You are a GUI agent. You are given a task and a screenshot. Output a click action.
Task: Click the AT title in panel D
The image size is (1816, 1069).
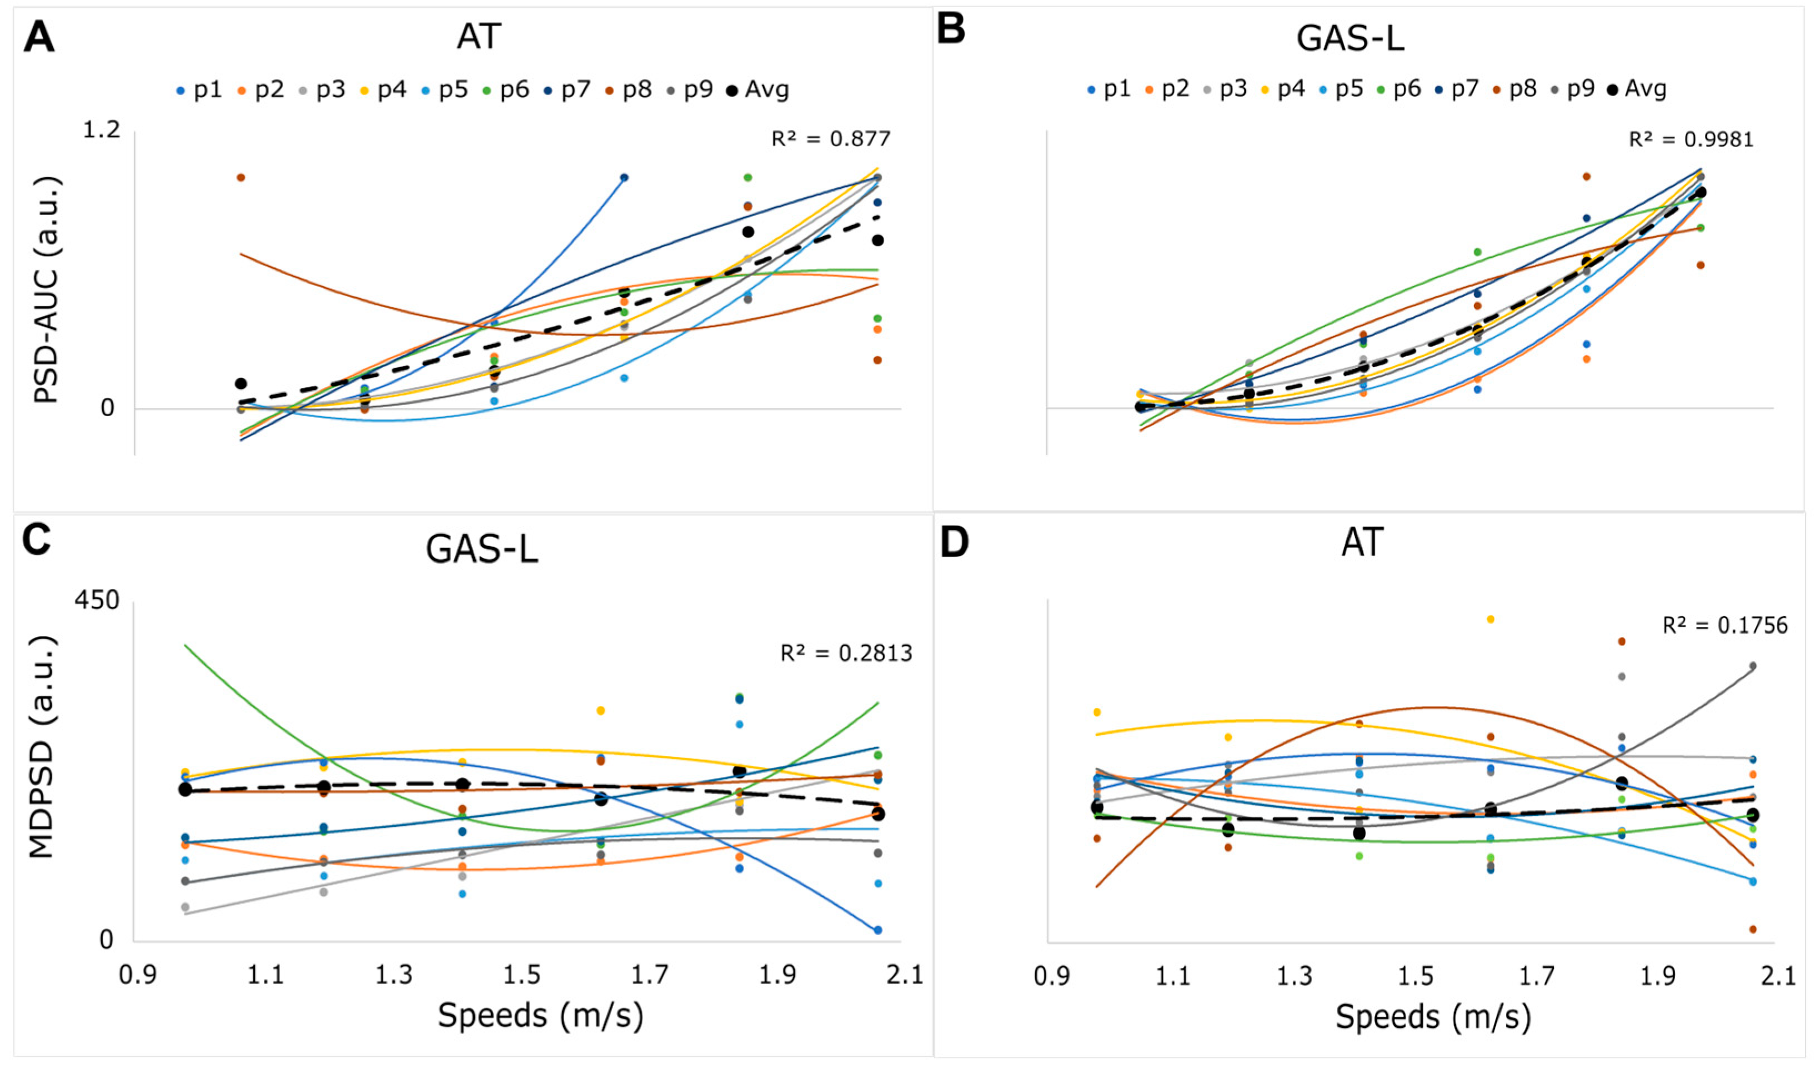click(x=1362, y=542)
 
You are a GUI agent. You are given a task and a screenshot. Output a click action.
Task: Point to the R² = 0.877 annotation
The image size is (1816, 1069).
click(x=830, y=138)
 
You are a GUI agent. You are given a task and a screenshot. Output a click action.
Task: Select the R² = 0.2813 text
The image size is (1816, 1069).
click(x=846, y=653)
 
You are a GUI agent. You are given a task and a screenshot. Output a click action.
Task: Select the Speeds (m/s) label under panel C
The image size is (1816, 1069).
click(x=540, y=1015)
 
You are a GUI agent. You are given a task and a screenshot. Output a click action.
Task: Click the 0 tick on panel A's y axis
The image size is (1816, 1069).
click(x=107, y=409)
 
